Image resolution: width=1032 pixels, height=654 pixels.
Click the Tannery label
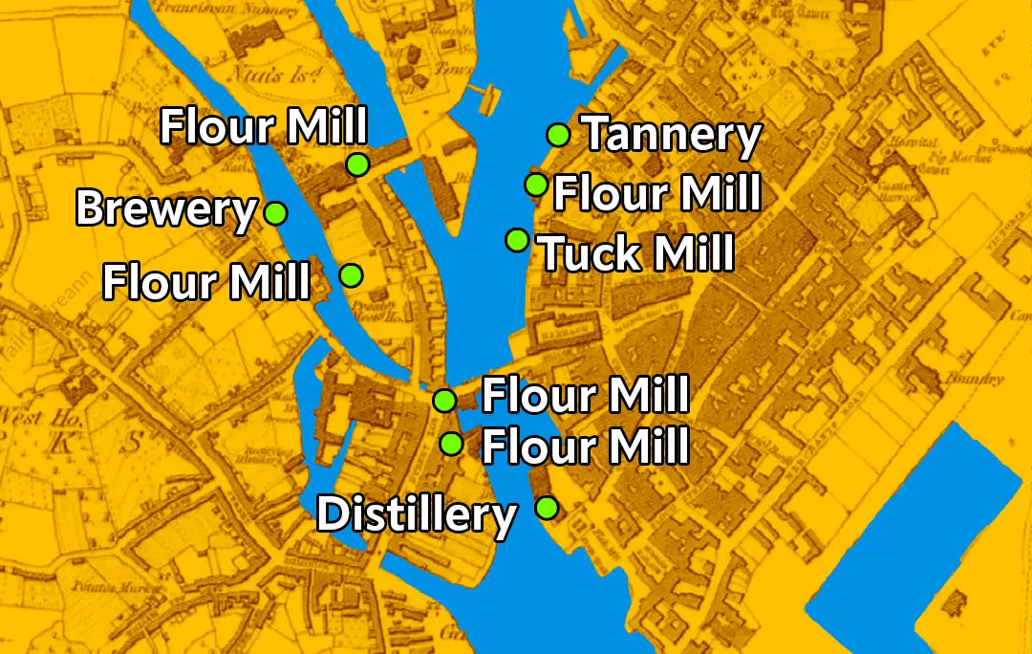[672, 135]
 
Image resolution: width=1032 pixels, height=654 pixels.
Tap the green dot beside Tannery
[558, 135]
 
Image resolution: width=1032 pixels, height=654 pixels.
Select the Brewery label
[166, 208]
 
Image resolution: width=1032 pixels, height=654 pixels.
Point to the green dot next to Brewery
[275, 212]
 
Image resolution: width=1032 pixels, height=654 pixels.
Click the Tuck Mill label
[637, 254]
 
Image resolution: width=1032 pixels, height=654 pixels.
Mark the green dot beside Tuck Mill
[517, 240]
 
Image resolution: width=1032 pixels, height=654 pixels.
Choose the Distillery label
[416, 515]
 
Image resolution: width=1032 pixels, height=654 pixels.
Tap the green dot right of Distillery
[547, 508]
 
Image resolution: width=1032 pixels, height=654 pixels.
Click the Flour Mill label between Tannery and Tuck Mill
[657, 194]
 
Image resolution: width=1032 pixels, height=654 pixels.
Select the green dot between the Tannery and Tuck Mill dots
[536, 184]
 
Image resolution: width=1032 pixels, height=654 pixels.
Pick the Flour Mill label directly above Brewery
[264, 126]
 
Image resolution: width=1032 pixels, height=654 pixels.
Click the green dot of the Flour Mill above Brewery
[357, 164]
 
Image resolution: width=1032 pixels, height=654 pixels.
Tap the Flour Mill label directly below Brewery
[206, 282]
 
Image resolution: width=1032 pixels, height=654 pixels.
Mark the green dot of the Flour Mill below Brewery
[351, 275]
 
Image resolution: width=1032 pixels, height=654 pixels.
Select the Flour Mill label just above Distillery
[585, 446]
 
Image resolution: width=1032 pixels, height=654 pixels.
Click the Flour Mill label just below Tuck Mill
[585, 395]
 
